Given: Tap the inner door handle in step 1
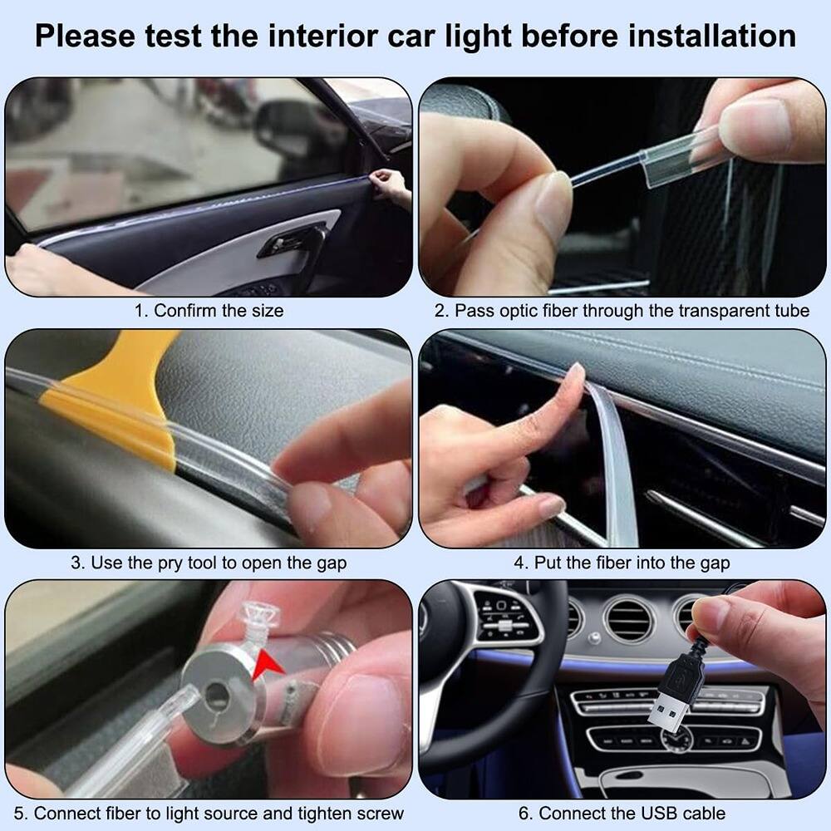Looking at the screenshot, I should click(x=291, y=242).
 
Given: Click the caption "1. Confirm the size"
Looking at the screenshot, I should click(x=209, y=311).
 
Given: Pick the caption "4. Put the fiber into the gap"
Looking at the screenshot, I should click(x=622, y=563).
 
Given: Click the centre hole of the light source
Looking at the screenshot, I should click(x=219, y=691).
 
